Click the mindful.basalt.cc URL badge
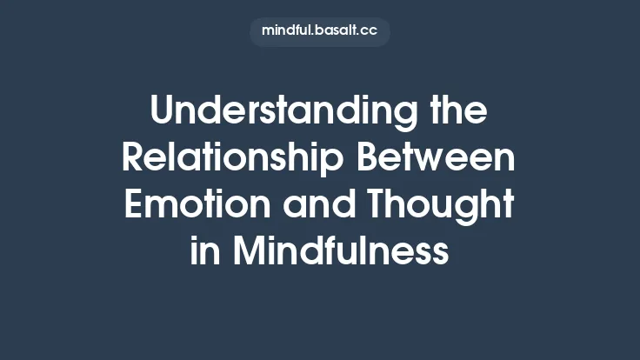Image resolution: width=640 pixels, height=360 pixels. [x=320, y=31]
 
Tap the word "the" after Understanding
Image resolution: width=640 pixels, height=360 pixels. [x=459, y=113]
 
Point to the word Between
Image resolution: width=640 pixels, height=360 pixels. [x=444, y=159]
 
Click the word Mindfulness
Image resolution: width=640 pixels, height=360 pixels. [x=341, y=251]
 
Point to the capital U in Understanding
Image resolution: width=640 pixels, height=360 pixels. [x=162, y=113]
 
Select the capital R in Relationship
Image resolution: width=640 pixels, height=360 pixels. [x=132, y=159]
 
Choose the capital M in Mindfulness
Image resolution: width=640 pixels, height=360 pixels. [x=248, y=251]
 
